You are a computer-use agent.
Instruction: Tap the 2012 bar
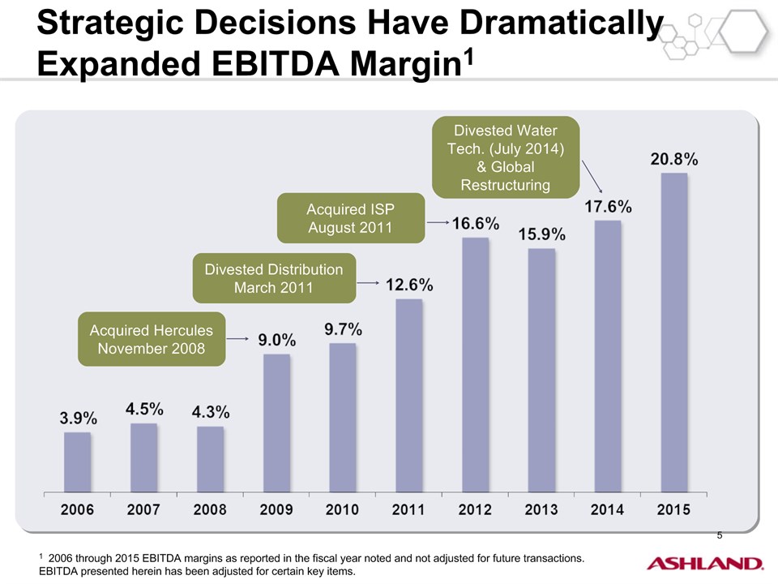(x=475, y=364)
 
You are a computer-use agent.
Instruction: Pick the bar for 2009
(x=276, y=422)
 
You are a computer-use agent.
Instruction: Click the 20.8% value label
(x=674, y=160)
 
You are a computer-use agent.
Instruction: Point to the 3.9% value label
(x=79, y=419)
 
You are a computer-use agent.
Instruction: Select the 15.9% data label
(x=542, y=234)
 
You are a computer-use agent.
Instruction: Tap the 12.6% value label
(x=408, y=285)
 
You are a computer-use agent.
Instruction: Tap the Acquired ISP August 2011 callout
(x=350, y=218)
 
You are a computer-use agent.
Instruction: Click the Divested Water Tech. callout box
(x=506, y=157)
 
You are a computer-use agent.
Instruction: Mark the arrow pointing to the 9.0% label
(x=236, y=338)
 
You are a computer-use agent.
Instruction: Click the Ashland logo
(x=704, y=563)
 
